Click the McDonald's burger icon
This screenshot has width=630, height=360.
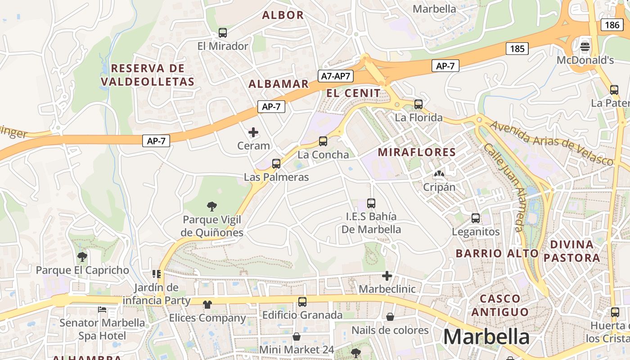[x=585, y=46]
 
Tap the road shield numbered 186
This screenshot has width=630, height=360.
[x=612, y=25]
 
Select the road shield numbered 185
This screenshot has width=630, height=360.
[x=517, y=48]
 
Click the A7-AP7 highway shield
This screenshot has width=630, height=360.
[x=336, y=76]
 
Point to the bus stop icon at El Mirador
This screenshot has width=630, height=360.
[x=222, y=32]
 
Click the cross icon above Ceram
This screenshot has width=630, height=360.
[x=253, y=132]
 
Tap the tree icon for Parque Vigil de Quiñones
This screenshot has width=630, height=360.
[x=211, y=207]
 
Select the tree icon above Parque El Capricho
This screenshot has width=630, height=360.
[x=82, y=257]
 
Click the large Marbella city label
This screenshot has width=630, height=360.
[x=486, y=337]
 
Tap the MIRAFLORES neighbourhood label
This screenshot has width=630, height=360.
[x=417, y=152]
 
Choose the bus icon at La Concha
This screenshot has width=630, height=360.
[x=323, y=141]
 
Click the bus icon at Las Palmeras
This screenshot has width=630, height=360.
[x=276, y=164]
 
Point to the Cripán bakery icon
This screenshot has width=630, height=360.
[x=439, y=174]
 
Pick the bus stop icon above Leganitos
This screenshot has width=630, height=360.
[x=476, y=218]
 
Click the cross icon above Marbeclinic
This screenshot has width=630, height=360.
[x=387, y=275]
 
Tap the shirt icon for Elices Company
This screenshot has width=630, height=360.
[x=207, y=305]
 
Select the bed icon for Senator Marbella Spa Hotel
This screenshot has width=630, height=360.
[x=102, y=310]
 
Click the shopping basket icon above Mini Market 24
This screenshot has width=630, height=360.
[x=297, y=336]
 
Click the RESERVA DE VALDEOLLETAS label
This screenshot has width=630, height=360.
[x=148, y=75]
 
